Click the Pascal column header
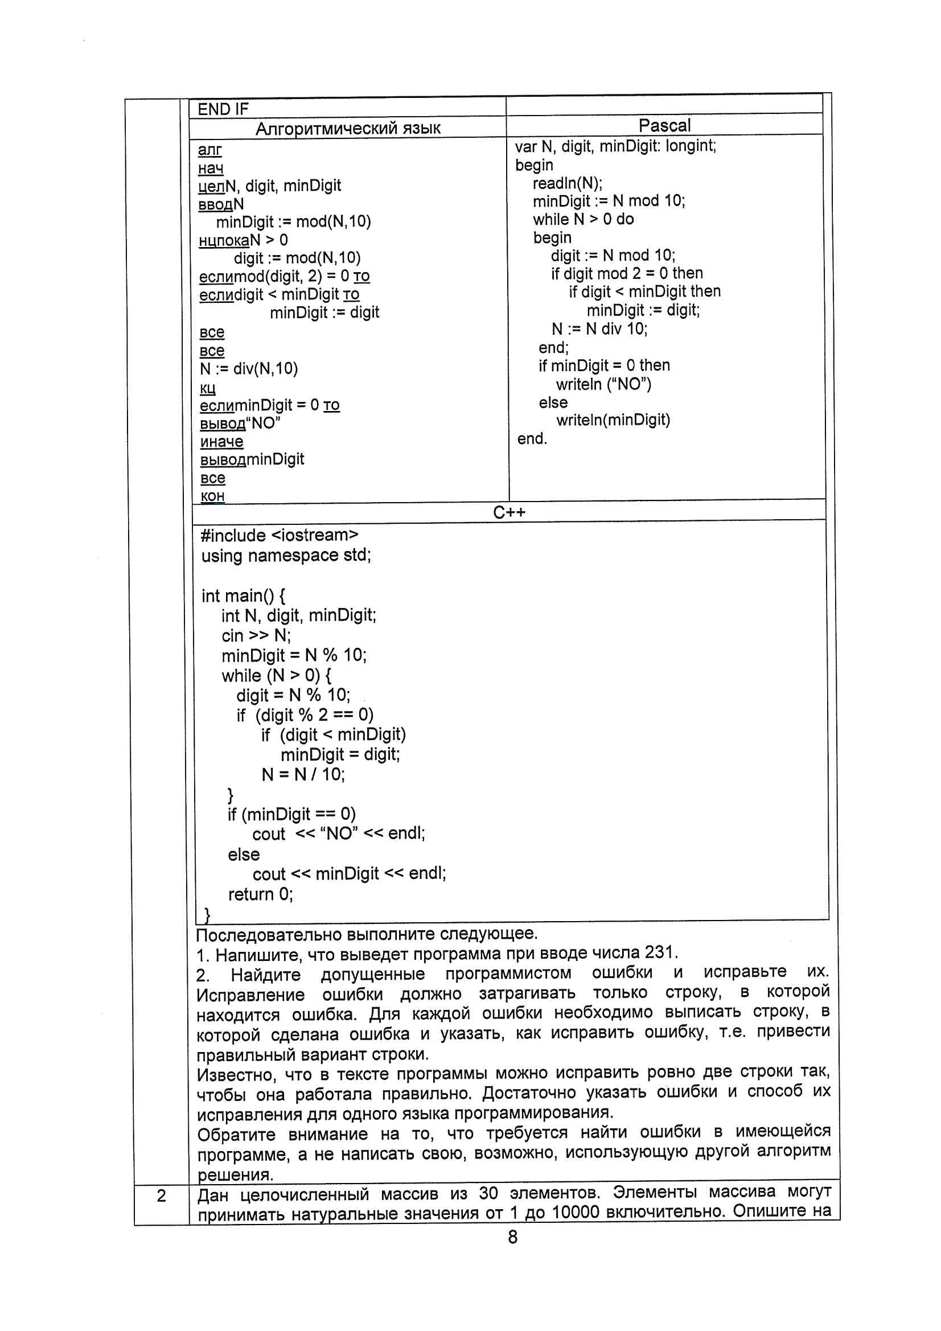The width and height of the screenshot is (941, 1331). point(664,125)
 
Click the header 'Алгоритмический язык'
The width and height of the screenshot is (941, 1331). point(348,128)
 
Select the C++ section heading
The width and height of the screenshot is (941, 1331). point(509,512)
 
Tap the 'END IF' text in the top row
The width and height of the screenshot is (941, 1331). point(223,109)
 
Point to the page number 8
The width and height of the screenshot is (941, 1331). point(512,1237)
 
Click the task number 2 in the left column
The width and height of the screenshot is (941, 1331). point(161,1196)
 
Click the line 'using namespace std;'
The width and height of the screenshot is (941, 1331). point(286,556)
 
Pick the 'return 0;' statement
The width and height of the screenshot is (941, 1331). point(260,894)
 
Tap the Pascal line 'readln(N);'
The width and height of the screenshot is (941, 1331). point(567,183)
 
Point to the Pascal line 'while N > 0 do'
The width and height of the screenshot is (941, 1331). point(583,219)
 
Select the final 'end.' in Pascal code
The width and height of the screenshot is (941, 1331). point(532,439)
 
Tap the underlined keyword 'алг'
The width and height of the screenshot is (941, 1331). point(209,150)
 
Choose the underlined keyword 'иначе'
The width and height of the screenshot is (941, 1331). point(221,442)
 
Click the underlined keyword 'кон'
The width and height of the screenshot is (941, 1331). point(212,496)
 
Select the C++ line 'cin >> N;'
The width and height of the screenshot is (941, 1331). point(256,635)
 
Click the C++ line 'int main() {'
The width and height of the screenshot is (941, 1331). point(243,595)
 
